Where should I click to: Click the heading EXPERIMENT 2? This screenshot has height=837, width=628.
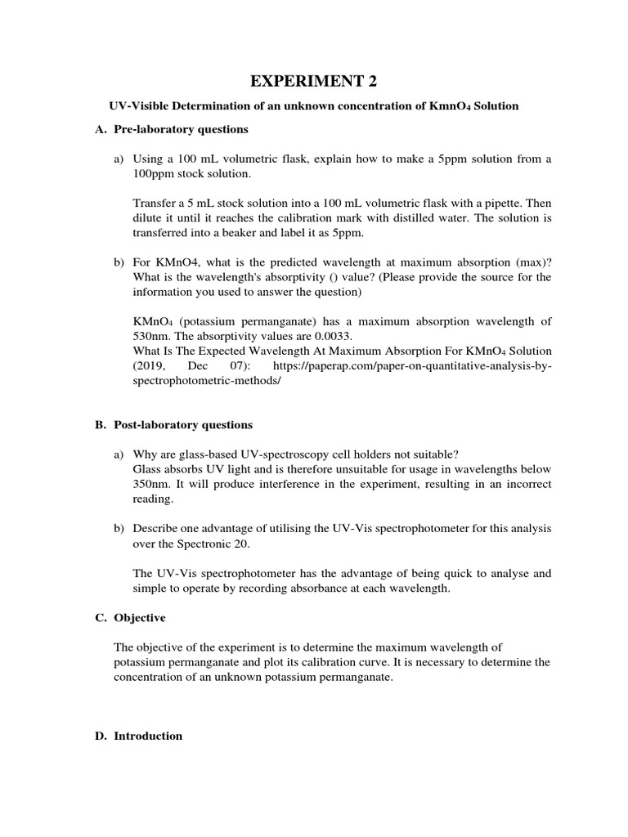point(314,80)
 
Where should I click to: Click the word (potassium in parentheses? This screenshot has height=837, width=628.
point(209,320)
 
